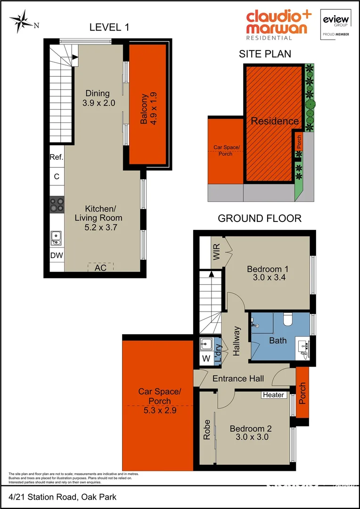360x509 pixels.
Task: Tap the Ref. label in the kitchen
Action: coord(56,157)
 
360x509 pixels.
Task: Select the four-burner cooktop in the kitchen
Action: coord(57,205)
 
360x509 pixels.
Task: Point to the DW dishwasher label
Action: coord(57,255)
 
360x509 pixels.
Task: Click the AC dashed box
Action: coord(100,267)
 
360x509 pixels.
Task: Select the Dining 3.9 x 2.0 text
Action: coord(98,98)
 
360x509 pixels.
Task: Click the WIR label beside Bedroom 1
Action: coord(217,252)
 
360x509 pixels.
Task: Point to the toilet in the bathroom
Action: coord(288,320)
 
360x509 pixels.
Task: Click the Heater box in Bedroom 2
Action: coord(274,394)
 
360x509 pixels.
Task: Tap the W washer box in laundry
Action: coord(205,359)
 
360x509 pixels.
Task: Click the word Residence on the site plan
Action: coord(274,121)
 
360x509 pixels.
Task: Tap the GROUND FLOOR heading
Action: coord(259,218)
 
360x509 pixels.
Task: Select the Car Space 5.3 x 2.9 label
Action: coord(159,400)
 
